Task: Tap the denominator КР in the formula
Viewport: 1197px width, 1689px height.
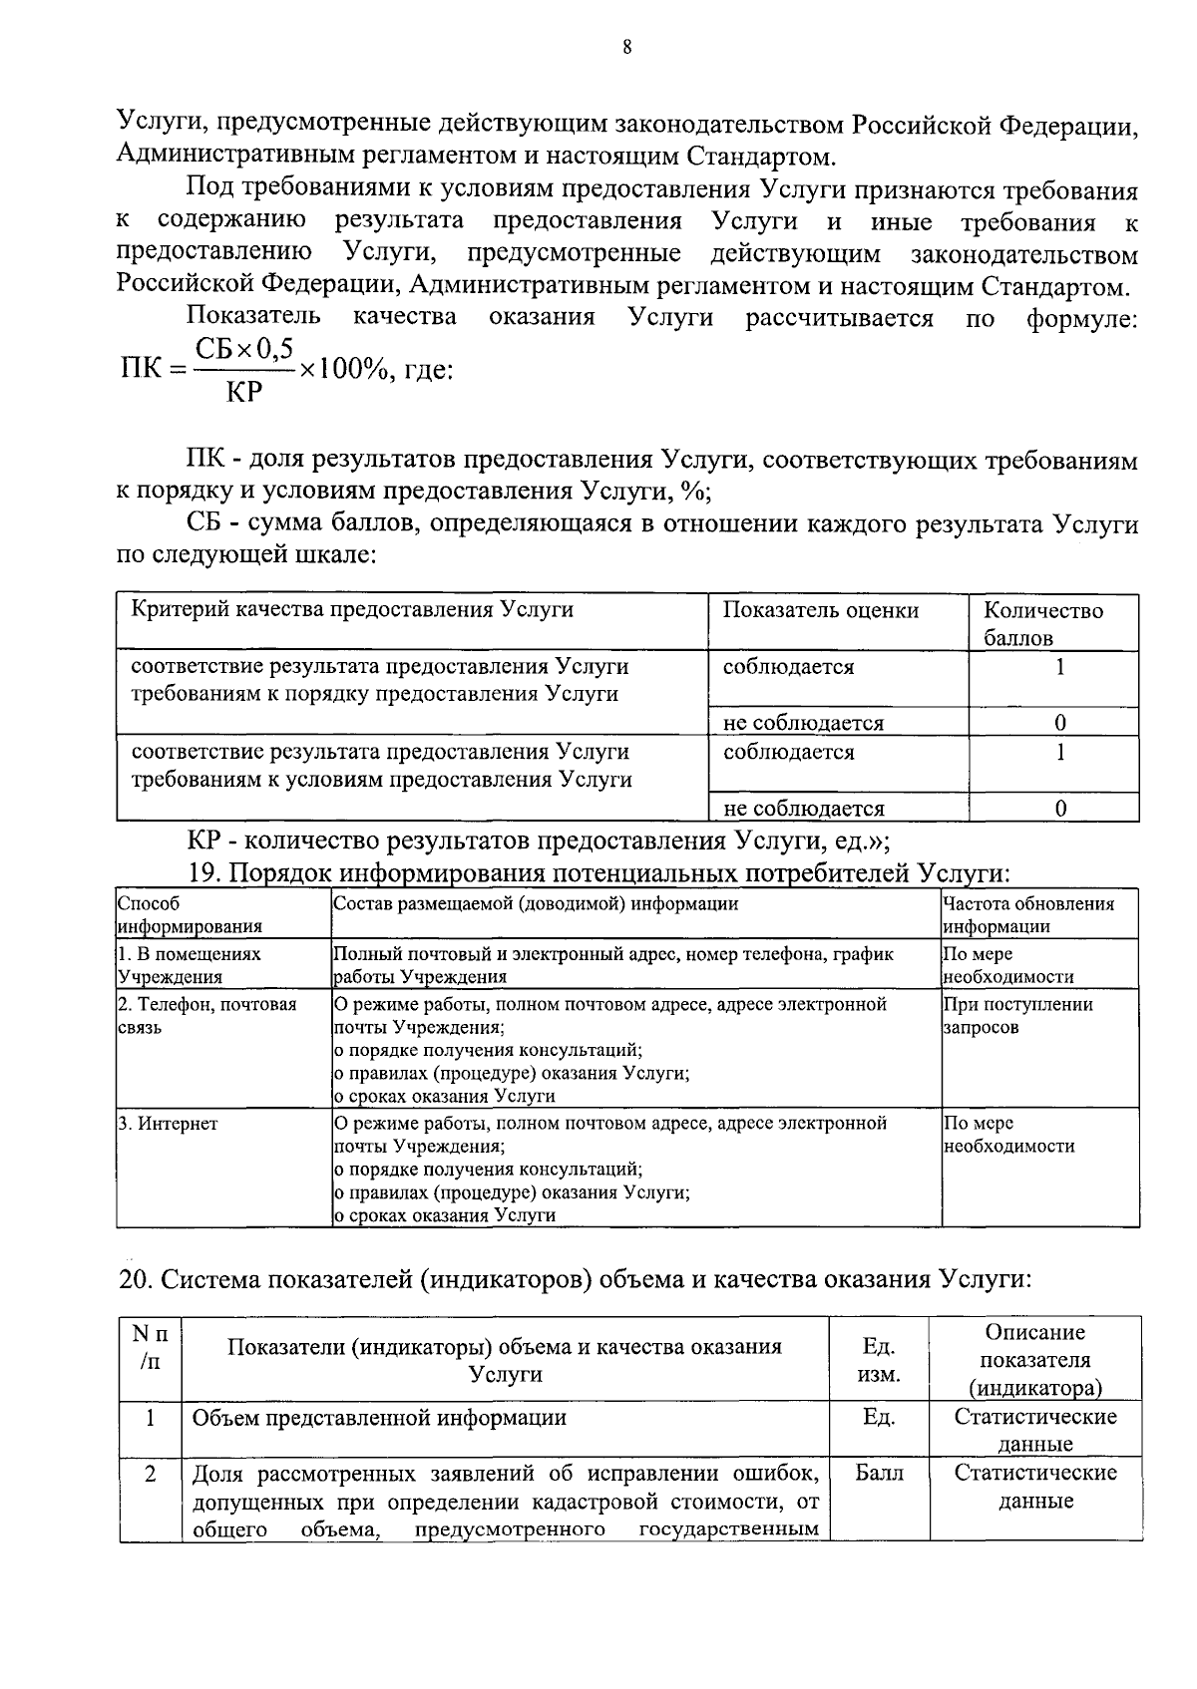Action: pos(244,393)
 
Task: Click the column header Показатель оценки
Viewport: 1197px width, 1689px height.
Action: pos(820,610)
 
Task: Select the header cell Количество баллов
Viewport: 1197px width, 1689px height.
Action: pos(1042,623)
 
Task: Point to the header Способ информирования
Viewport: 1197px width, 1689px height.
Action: pos(190,914)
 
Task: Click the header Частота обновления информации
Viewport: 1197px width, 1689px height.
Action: pos(1027,914)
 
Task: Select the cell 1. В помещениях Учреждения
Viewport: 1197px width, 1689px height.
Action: pos(190,965)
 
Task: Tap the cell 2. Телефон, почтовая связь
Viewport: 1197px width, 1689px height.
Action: pos(206,1015)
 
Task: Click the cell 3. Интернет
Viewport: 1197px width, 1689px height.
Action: pos(168,1124)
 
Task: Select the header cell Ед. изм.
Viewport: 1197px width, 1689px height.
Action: pos(878,1360)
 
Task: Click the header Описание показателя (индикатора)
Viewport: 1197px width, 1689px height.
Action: pos(1034,1360)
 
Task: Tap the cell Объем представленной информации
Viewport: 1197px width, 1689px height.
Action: pos(379,1418)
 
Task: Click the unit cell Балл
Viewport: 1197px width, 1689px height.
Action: pos(879,1473)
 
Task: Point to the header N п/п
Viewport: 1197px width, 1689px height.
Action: pos(150,1347)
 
